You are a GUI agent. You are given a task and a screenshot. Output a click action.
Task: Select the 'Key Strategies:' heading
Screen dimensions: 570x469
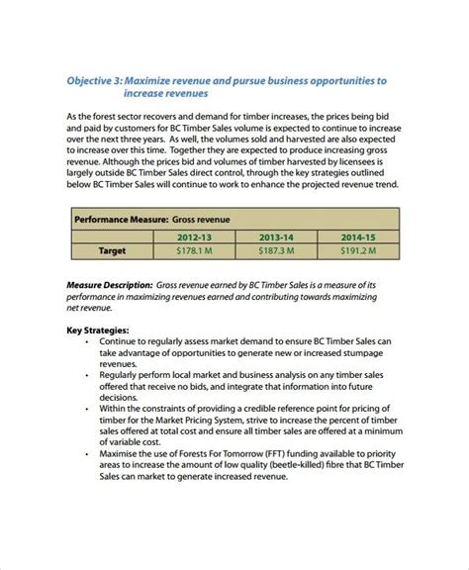tap(99, 331)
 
